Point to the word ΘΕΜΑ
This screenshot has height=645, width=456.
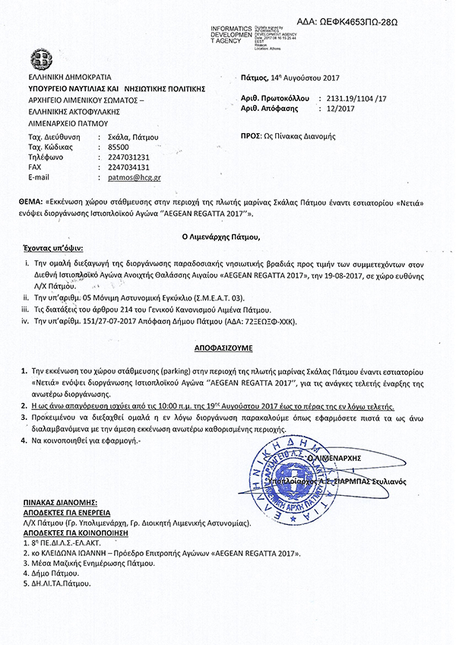coord(29,204)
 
